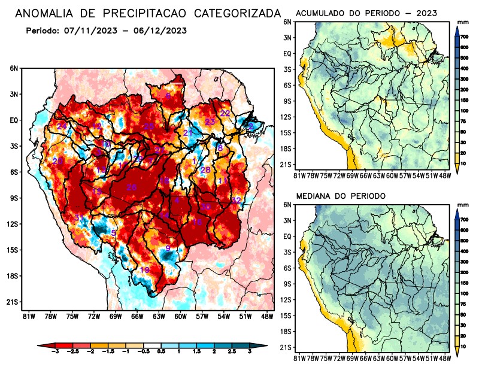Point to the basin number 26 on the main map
[x=131, y=187]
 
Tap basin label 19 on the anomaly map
[x=144, y=270]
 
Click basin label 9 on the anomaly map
[x=168, y=248]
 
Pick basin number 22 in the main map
[x=225, y=113]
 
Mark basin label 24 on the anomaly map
[x=62, y=126]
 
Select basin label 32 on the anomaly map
[x=236, y=200]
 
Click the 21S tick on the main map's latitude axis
[x=12, y=302]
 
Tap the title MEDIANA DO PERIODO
[x=341, y=196]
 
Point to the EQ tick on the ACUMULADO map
[x=287, y=53]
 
